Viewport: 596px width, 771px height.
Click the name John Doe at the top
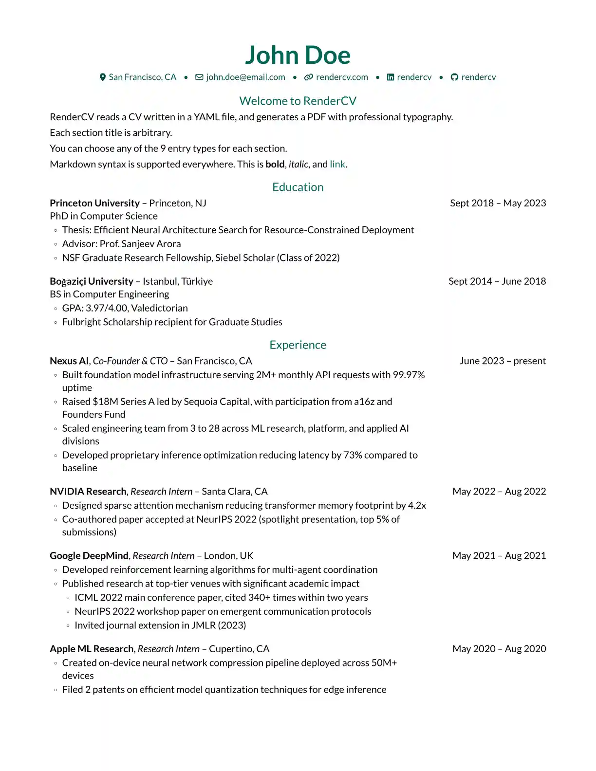(x=298, y=55)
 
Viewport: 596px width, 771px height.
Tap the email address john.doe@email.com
(x=245, y=77)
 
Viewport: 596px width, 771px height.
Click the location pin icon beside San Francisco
(x=103, y=77)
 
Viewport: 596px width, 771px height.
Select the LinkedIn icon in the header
(x=391, y=77)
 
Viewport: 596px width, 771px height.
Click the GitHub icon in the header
(x=454, y=77)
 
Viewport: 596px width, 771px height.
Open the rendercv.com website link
(x=342, y=77)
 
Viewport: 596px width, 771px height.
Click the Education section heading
(x=298, y=187)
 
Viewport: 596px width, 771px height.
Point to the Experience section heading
(x=298, y=345)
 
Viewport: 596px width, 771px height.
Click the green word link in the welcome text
(x=337, y=164)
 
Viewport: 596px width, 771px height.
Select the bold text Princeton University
(x=94, y=203)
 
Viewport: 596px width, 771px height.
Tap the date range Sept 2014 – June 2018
(x=497, y=281)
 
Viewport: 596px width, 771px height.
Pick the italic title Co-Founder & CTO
(x=130, y=361)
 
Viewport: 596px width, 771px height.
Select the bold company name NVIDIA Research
(x=88, y=491)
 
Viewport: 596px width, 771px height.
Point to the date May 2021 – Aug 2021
(x=499, y=555)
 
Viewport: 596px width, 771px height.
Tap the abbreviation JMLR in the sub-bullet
(x=203, y=625)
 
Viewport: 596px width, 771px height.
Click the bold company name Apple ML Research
(x=92, y=649)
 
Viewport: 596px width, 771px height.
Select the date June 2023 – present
(x=503, y=361)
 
